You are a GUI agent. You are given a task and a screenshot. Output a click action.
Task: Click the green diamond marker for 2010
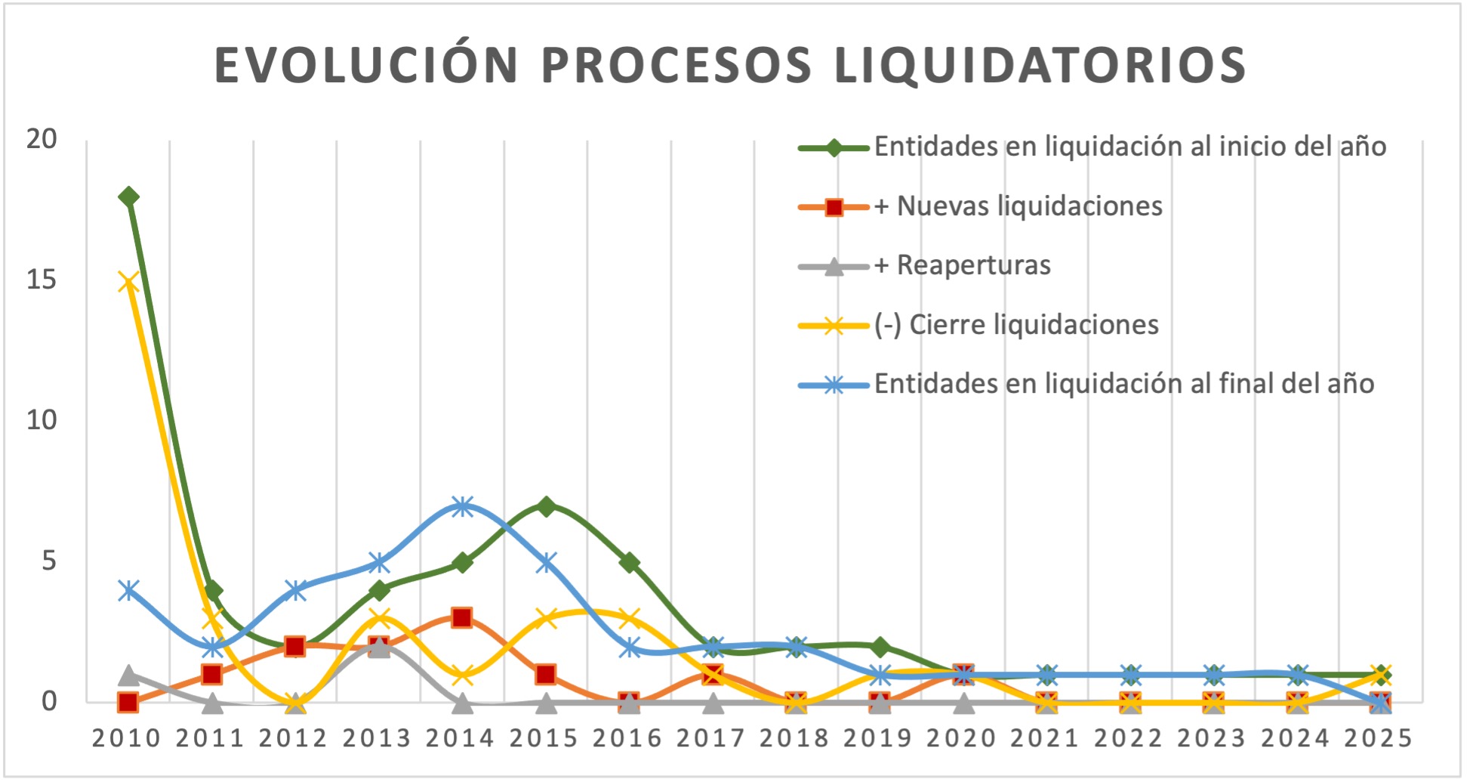[x=128, y=197]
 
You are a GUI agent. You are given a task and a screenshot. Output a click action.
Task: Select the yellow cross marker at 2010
[x=128, y=282]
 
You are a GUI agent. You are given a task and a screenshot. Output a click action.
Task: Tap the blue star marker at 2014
[x=463, y=506]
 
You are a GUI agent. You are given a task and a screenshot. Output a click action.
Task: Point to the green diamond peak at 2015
[x=546, y=506]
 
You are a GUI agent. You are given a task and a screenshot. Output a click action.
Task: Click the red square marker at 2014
[x=462, y=618]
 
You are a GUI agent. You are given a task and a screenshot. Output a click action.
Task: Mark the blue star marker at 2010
[x=128, y=590]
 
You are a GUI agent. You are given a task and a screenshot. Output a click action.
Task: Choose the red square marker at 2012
[x=295, y=647]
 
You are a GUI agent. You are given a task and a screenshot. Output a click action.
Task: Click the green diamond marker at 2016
[x=630, y=563]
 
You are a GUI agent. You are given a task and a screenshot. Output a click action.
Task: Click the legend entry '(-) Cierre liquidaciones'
[x=1016, y=325]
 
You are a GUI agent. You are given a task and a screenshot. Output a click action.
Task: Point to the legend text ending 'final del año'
[x=1123, y=385]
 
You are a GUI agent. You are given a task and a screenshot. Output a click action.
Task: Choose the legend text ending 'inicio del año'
[x=1130, y=147]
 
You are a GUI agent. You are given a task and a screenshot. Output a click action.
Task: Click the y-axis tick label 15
[x=42, y=280]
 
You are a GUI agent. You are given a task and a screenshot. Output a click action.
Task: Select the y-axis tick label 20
[x=42, y=139]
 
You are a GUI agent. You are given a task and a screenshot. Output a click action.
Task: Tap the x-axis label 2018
[x=795, y=738]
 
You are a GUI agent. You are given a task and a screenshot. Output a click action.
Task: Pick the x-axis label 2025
[x=1379, y=738]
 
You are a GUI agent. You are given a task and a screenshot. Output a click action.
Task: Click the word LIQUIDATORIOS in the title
[x=1040, y=65]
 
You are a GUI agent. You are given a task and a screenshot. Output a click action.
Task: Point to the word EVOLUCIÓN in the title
[x=367, y=65]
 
